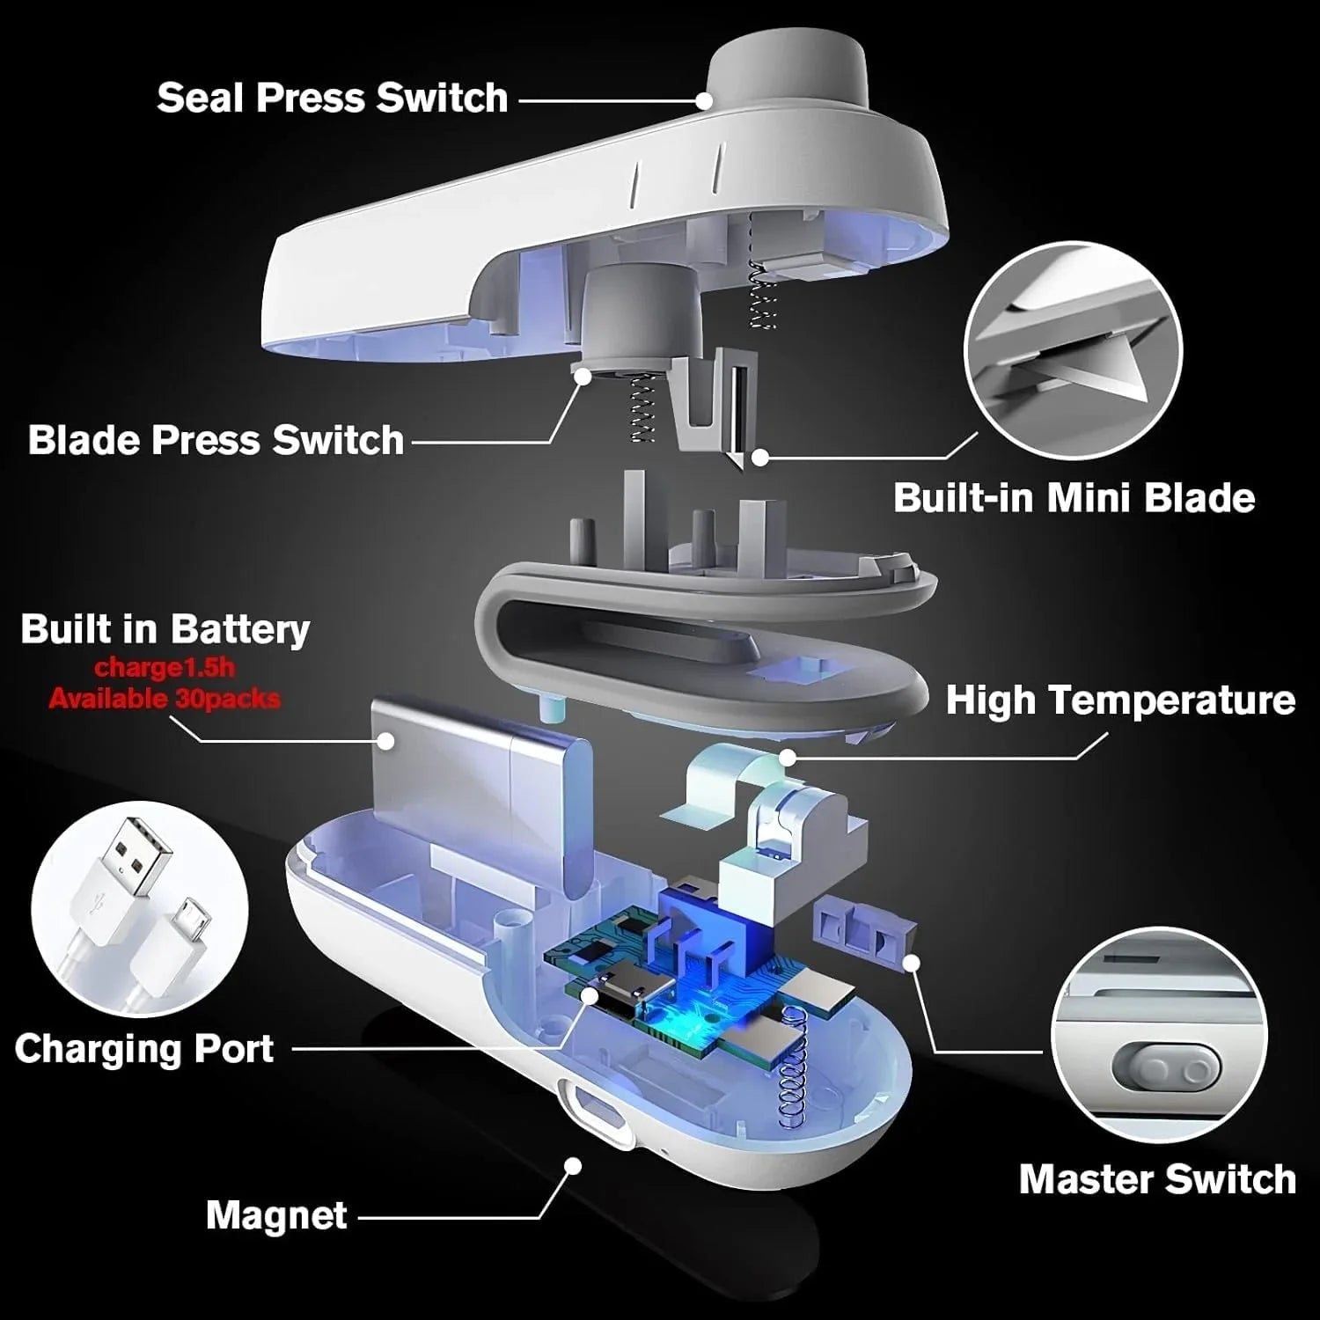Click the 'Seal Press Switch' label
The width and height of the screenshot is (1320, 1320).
click(x=333, y=98)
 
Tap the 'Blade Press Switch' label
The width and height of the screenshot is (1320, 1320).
click(x=216, y=440)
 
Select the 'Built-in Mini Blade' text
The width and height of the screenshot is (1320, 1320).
click(x=1074, y=498)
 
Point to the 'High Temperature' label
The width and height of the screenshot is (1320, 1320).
click(x=1120, y=700)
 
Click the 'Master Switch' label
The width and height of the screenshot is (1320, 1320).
click(x=1157, y=1180)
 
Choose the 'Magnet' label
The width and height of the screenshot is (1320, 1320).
click(x=276, y=1216)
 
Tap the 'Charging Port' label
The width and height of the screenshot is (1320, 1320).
click(x=144, y=1049)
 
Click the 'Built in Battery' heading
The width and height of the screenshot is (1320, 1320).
click(x=165, y=630)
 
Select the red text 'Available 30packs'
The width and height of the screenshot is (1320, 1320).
click(x=165, y=700)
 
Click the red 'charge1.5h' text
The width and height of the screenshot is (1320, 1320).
click(x=165, y=668)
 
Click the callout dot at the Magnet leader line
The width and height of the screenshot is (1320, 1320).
click(x=573, y=1166)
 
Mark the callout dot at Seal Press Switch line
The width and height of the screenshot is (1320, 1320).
click(x=704, y=100)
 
